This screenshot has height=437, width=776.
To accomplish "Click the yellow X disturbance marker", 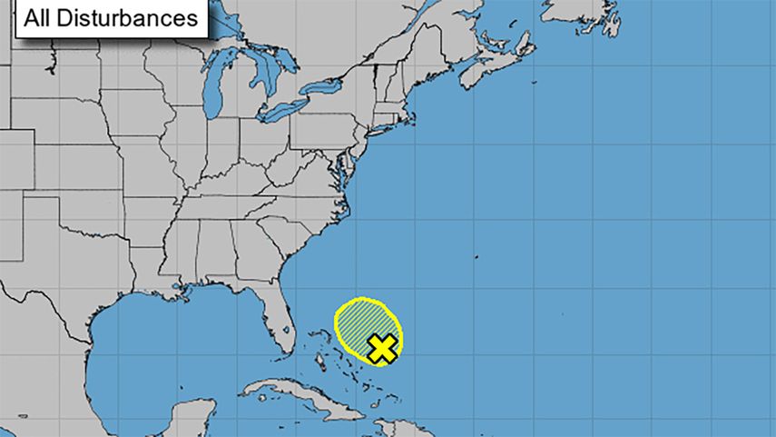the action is click(x=383, y=347).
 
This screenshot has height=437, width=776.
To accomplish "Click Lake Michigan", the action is click(x=213, y=91).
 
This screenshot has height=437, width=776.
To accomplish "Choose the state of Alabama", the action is click(x=218, y=254).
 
